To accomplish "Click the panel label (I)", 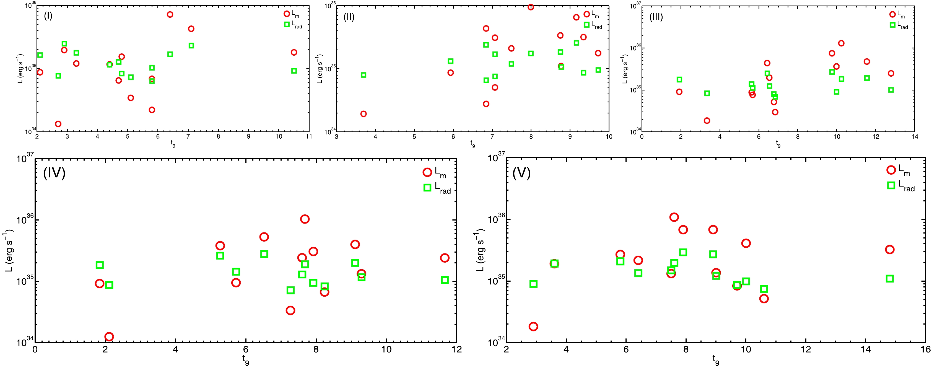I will pos(48,16).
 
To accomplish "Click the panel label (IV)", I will pos(54,173).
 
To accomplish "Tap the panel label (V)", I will pos(521,173).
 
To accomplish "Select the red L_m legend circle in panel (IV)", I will pos(427,172).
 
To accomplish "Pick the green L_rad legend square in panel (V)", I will pos(891,186).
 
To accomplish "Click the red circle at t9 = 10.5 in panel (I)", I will pos(294,53).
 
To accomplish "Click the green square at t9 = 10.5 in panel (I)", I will pos(294,71).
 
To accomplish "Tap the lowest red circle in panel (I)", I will pos(58,124).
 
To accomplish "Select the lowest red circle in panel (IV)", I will pos(109,336).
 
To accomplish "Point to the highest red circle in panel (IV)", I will pos(305,219).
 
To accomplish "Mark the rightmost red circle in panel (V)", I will pos(890,249).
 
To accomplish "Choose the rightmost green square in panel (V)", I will pos(890,279).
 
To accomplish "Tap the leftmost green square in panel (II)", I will pos(364,75).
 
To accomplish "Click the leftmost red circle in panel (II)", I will pos(364,114).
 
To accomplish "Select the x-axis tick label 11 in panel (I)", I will pos(309,137).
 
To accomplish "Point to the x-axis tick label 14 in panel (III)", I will pos(915,137).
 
